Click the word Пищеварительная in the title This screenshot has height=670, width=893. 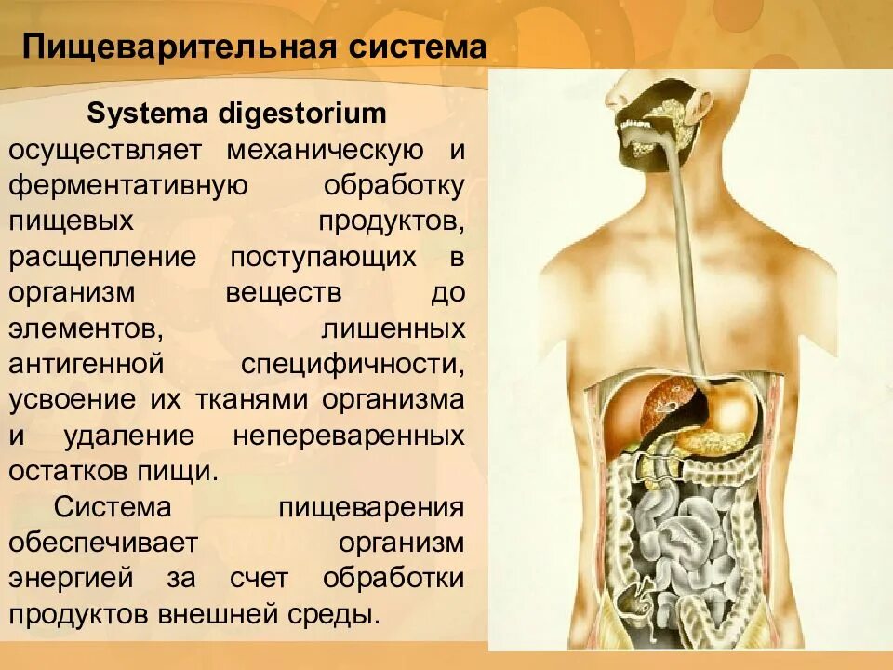(180, 47)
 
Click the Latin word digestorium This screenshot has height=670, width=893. (302, 114)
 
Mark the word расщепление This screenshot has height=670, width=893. (102, 256)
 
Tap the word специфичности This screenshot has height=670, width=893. (353, 363)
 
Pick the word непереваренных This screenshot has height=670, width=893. (348, 435)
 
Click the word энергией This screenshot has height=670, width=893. (71, 577)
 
